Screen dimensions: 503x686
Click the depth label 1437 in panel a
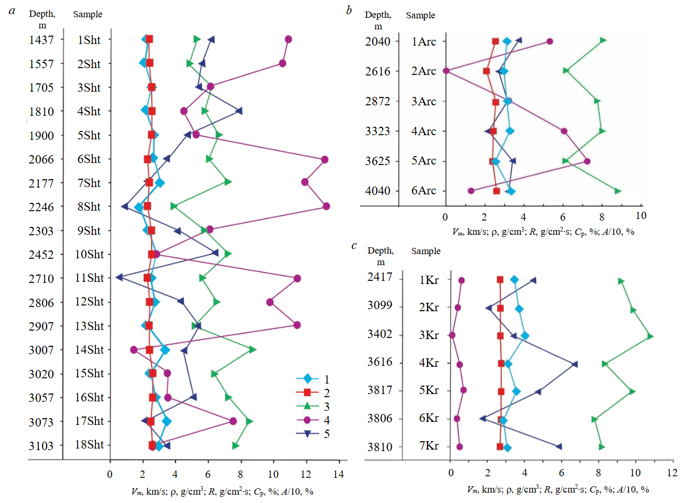tap(41, 40)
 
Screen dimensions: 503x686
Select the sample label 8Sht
tap(89, 206)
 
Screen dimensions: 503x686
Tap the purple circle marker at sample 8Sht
tap(326, 206)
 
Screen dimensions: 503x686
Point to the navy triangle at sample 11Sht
tap(119, 277)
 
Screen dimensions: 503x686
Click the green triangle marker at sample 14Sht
tap(252, 349)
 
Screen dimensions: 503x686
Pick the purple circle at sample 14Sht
tap(134, 349)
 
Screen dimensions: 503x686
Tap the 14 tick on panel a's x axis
tap(338, 474)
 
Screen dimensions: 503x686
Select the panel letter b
tap(349, 10)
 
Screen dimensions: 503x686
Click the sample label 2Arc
tap(423, 71)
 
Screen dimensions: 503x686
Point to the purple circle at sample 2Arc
tap(446, 71)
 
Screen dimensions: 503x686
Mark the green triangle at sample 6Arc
tap(618, 191)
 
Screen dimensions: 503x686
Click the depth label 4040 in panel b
tap(378, 191)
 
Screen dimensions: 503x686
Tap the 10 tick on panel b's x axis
tap(640, 216)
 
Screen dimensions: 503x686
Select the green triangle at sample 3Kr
tap(650, 336)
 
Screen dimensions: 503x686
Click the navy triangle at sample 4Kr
tap(575, 364)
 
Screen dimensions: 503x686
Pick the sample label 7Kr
tap(428, 446)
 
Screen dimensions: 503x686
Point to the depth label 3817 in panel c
tap(380, 390)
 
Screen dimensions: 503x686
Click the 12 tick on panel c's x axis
tap(672, 473)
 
